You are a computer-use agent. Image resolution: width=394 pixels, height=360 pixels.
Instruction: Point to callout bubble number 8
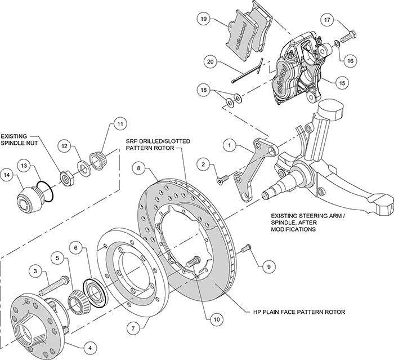tap(140, 168)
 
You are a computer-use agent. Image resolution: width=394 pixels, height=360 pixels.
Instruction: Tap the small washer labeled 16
tap(336, 43)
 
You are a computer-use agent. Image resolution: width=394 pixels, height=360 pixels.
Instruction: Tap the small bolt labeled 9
tap(245, 248)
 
